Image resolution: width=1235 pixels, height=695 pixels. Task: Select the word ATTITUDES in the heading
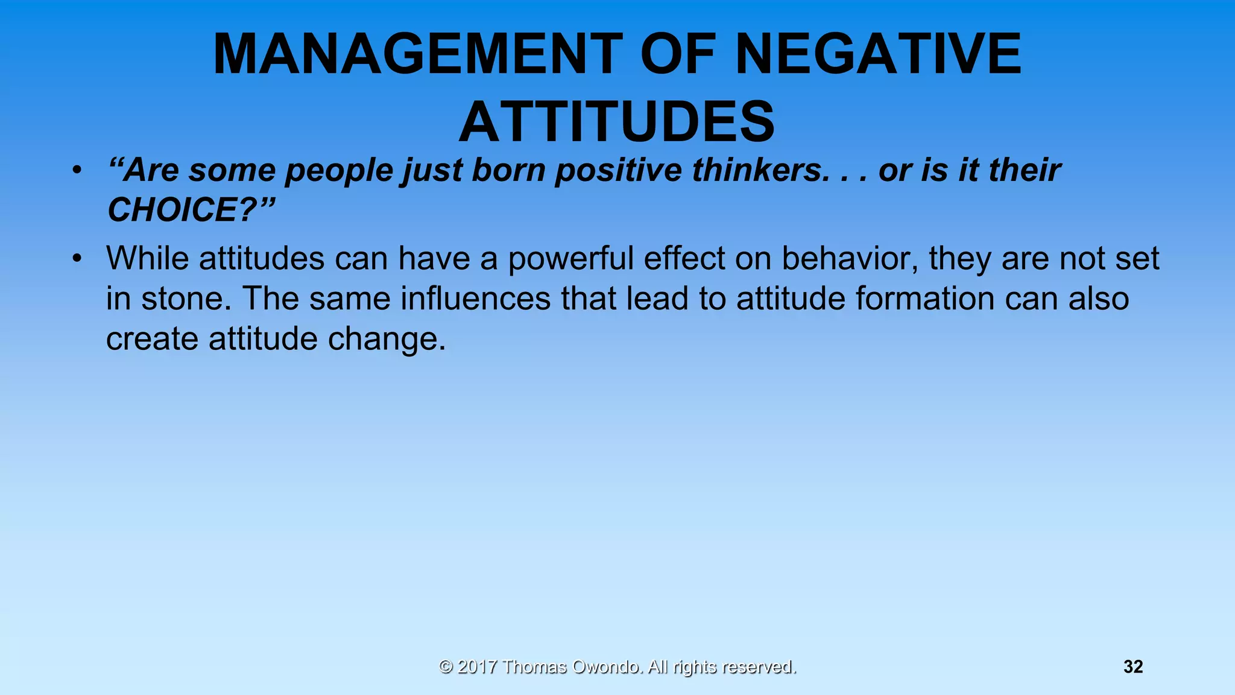tap(617, 122)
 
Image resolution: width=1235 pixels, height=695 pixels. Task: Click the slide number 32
tap(1133, 667)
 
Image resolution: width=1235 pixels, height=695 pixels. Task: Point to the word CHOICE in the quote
tap(174, 210)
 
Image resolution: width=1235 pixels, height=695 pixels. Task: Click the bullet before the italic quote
tap(76, 171)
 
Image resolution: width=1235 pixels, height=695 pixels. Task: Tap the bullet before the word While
tap(76, 259)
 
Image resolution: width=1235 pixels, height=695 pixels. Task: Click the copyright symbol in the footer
tap(446, 667)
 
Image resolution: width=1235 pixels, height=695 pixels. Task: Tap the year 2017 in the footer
tap(477, 667)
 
